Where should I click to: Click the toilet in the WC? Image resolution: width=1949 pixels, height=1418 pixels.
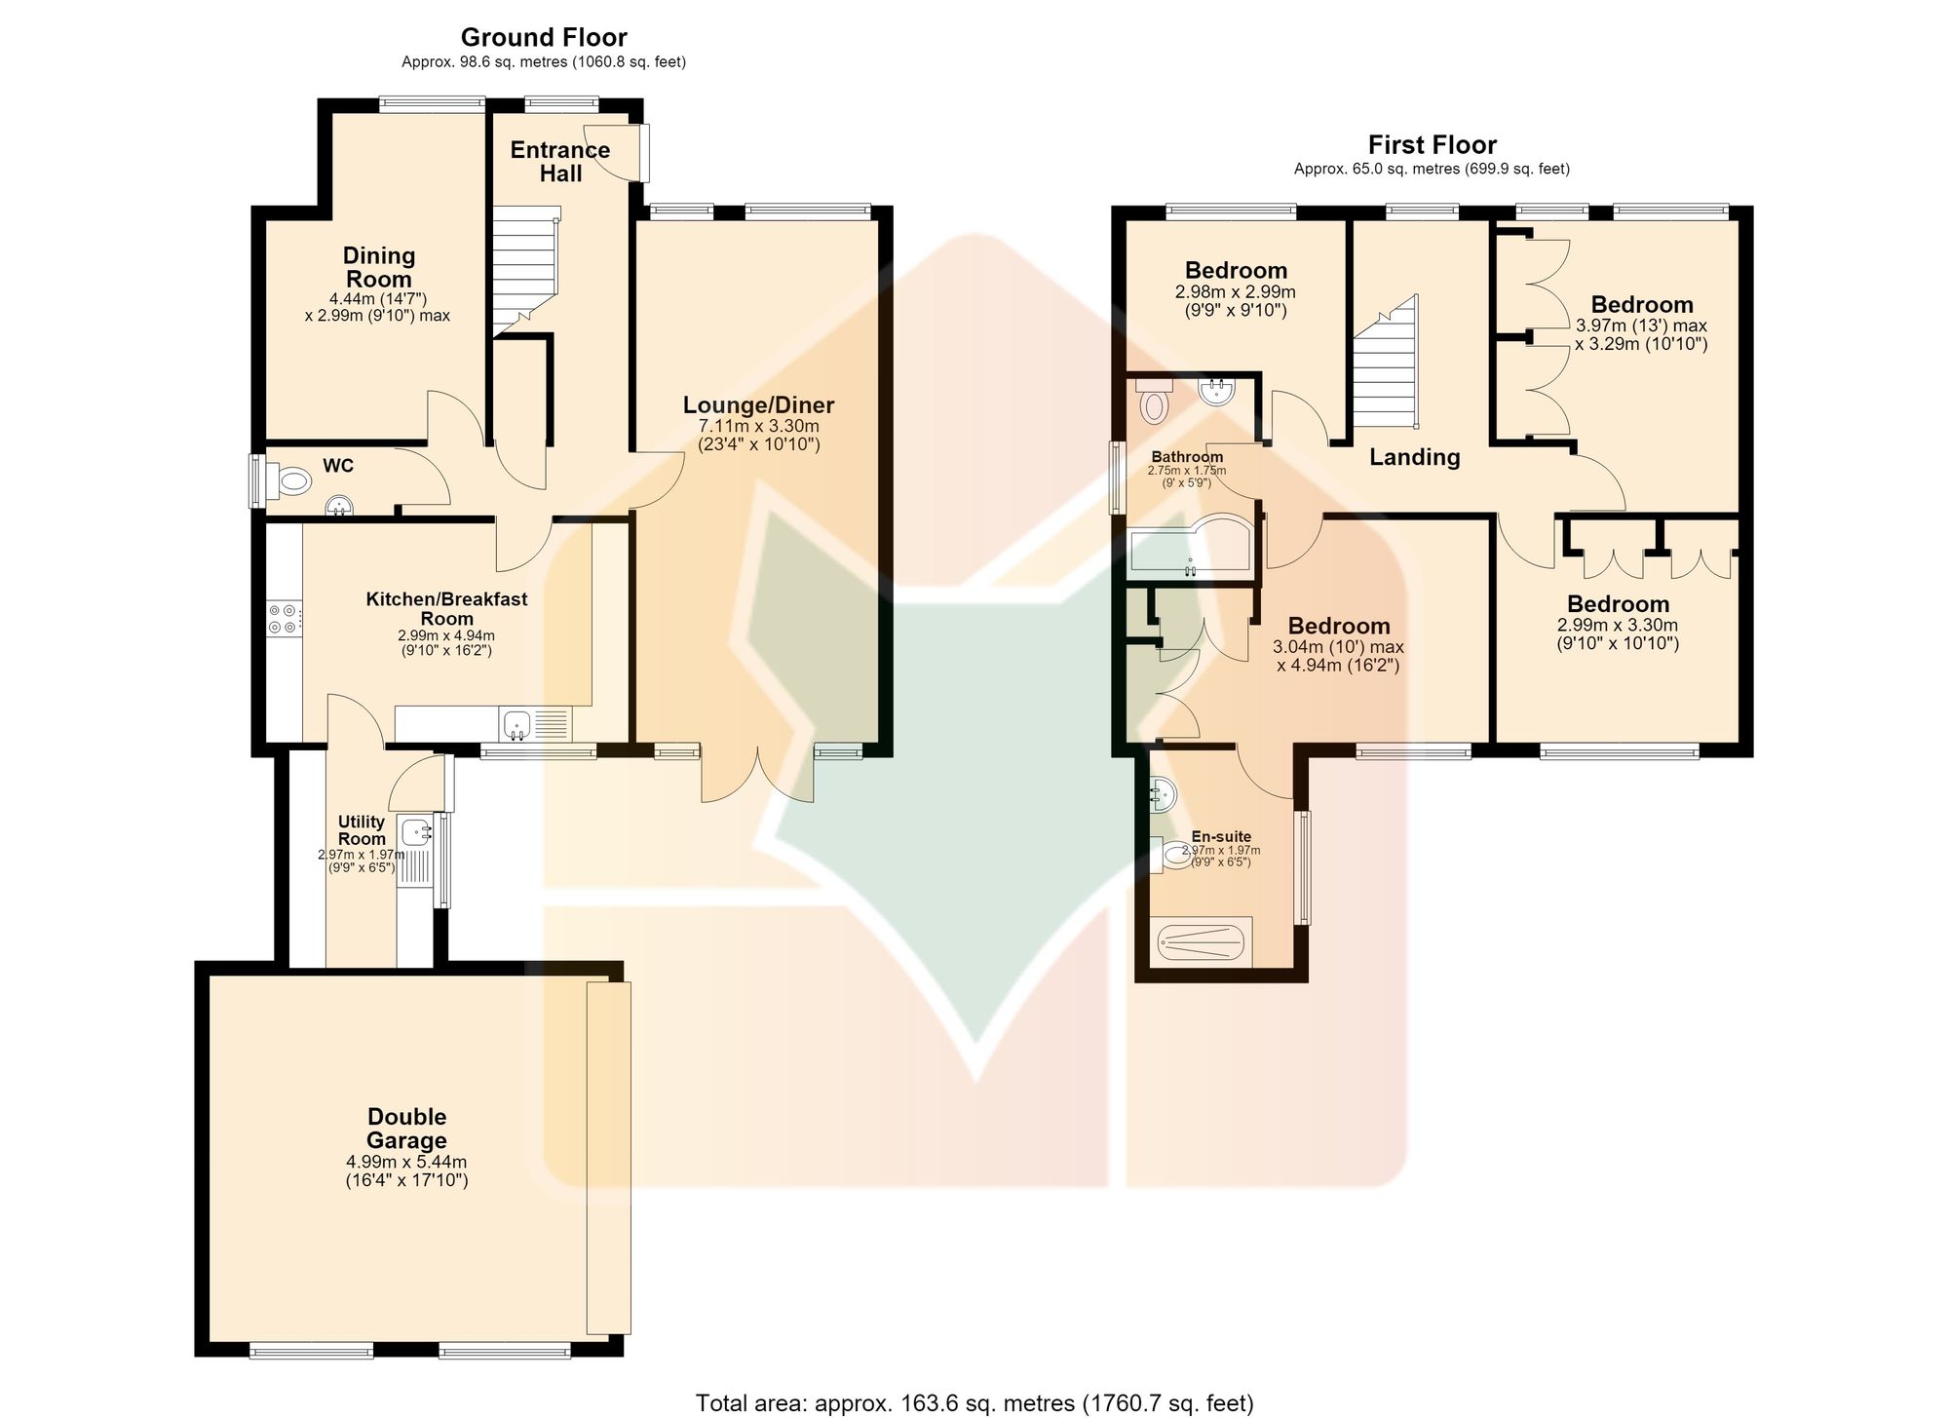[x=290, y=480]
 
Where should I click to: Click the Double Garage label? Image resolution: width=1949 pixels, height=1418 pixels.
[x=406, y=1129]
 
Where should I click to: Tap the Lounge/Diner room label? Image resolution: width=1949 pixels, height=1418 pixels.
[x=758, y=405]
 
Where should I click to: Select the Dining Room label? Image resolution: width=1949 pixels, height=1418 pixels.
[x=379, y=267]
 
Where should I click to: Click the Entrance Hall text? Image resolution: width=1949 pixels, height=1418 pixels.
[x=560, y=162]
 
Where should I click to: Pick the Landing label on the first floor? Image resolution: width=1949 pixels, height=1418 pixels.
[x=1415, y=457]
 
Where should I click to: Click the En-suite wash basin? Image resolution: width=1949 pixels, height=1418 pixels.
[x=1163, y=795]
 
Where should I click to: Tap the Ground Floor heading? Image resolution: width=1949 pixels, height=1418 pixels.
[x=544, y=38]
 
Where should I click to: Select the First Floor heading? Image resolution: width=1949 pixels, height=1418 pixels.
[x=1432, y=145]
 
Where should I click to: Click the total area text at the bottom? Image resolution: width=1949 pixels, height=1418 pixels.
[x=974, y=1402]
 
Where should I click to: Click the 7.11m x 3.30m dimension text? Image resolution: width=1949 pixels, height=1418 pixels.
[x=759, y=426]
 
